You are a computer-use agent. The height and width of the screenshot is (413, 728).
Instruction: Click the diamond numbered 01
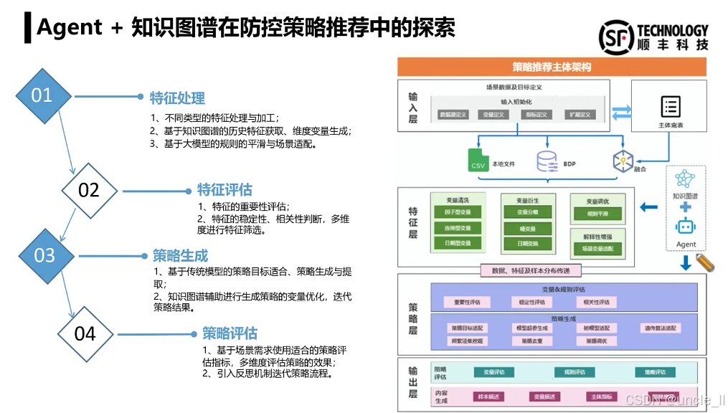pyautogui.click(x=42, y=95)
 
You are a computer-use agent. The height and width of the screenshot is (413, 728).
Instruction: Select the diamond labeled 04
pyautogui.click(x=85, y=333)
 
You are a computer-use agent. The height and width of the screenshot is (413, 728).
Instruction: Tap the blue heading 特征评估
pyautogui.click(x=224, y=189)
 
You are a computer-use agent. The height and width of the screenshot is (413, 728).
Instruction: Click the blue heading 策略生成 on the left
pyautogui.click(x=180, y=255)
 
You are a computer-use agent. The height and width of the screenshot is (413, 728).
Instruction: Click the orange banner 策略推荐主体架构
pyautogui.click(x=552, y=67)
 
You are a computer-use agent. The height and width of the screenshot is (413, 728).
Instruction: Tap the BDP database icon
pyautogui.click(x=547, y=161)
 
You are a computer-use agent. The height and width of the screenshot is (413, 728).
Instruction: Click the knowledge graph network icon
pyautogui.click(x=686, y=179)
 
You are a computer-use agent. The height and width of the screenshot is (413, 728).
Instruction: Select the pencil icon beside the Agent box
pyautogui.click(x=706, y=262)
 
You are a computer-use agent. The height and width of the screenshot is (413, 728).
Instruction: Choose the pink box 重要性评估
pyautogui.click(x=467, y=303)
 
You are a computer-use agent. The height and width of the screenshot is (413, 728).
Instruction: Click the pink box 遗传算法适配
pyautogui.click(x=659, y=328)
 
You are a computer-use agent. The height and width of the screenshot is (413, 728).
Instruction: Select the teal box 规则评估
pyautogui.click(x=575, y=372)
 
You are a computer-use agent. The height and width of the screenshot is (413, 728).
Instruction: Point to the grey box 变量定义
pyautogui.click(x=494, y=115)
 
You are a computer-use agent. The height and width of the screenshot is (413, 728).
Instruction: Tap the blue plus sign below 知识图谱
pyautogui.click(x=686, y=207)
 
